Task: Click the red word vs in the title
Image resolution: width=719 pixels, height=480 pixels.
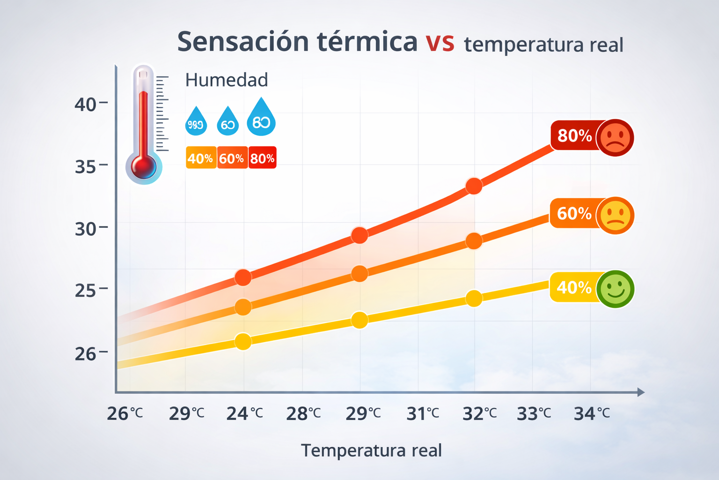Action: pos(440,42)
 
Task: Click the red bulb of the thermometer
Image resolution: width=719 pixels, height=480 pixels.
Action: pos(144,167)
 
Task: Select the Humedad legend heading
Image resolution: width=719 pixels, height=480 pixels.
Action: pos(227,80)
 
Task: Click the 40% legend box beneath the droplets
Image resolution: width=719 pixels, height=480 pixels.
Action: pos(200,158)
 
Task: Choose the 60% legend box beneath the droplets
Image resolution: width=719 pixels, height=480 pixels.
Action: pos(232,158)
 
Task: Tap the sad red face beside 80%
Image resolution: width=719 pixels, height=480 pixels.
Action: pos(615,137)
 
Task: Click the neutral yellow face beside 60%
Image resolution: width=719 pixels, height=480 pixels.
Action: pos(615,215)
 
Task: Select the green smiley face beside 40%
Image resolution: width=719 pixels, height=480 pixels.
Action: pos(615,289)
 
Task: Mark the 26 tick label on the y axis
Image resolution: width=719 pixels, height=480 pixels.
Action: pos(86,354)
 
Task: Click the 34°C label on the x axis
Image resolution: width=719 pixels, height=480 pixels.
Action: pos(592,413)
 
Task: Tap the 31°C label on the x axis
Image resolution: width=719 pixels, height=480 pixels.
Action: pos(423,413)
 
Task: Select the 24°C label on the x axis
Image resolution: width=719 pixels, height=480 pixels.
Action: pos(244,413)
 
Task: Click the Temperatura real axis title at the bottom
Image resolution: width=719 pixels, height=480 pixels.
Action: pos(371,450)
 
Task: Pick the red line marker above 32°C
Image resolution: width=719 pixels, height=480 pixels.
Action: pos(474,186)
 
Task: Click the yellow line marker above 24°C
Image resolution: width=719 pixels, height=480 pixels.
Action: pos(243,341)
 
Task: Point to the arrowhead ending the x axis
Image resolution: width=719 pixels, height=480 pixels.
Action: pos(641,392)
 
